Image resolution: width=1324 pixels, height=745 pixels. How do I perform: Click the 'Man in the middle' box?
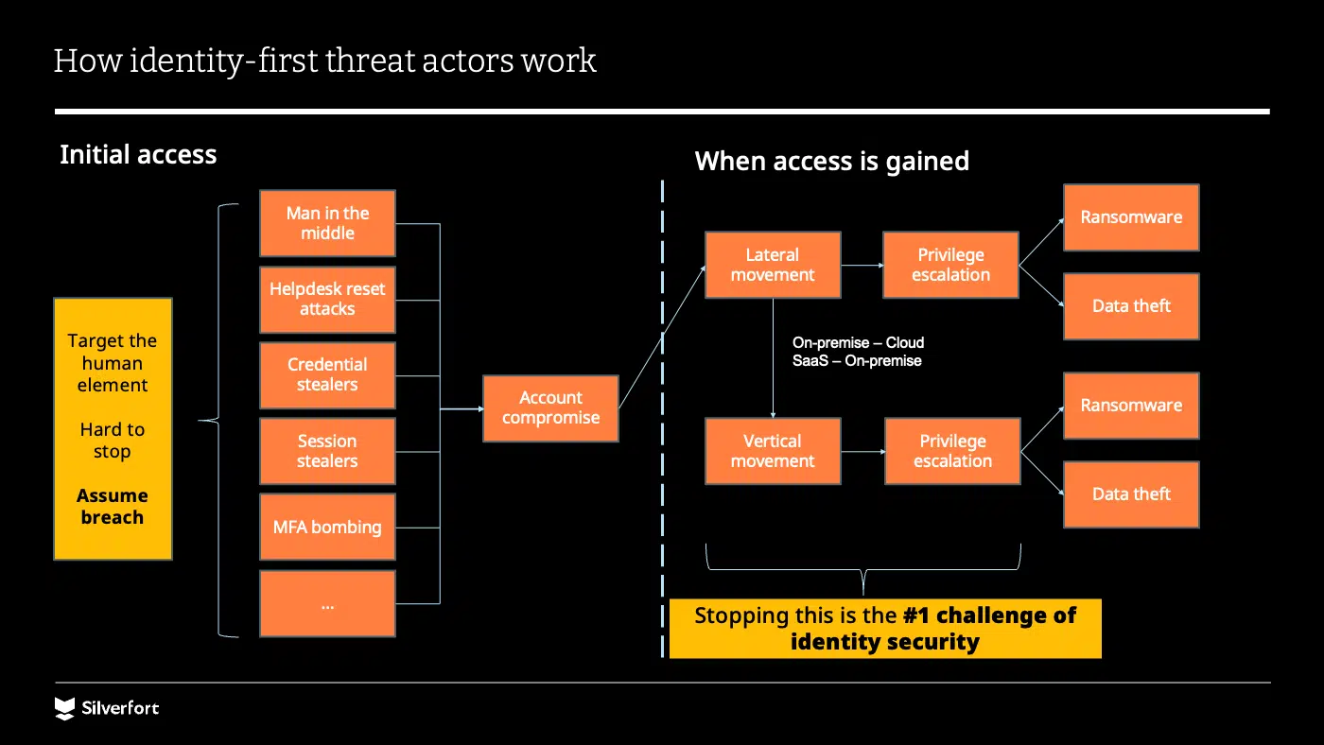327,224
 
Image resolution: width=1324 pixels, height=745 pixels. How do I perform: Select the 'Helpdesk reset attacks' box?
327,300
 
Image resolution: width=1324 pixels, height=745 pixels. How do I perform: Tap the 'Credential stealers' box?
327,375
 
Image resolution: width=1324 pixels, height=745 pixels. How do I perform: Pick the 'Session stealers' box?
327,452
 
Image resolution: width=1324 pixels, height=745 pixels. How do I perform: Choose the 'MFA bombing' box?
327,528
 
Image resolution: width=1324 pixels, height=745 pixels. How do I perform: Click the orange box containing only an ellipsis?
327,603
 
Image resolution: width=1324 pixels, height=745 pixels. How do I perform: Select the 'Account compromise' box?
550,408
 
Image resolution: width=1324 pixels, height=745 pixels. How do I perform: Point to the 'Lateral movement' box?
773,266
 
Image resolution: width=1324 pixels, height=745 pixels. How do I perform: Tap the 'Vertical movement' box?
773,452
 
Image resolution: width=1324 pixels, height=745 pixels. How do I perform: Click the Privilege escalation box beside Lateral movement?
950,266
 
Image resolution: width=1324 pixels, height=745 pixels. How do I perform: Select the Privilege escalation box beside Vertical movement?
952,452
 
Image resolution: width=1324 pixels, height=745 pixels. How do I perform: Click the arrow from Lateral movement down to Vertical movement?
774,359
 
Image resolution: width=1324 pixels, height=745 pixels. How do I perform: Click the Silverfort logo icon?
64,708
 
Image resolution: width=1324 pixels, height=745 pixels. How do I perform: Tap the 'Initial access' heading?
138,155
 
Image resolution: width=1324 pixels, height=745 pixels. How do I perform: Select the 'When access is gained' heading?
831,162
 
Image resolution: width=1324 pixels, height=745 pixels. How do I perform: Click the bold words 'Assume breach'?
113,507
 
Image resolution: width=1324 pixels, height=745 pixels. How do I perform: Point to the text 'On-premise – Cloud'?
858,343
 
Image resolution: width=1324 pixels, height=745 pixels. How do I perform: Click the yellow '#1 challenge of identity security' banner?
885,629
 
